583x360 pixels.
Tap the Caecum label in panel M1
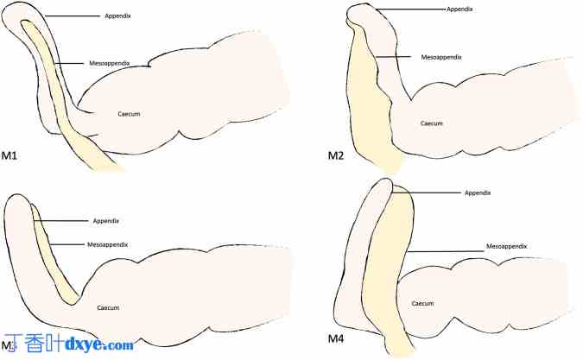tap(130, 112)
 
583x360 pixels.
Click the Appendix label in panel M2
tap(459, 9)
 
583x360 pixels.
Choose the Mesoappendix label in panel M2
tap(441, 57)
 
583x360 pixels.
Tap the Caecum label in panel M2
tap(432, 123)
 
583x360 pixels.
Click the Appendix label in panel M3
tap(105, 221)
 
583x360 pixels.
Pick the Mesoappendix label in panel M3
tap(108, 244)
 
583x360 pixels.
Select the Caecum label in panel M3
tap(108, 307)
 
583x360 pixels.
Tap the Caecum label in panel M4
tap(422, 303)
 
